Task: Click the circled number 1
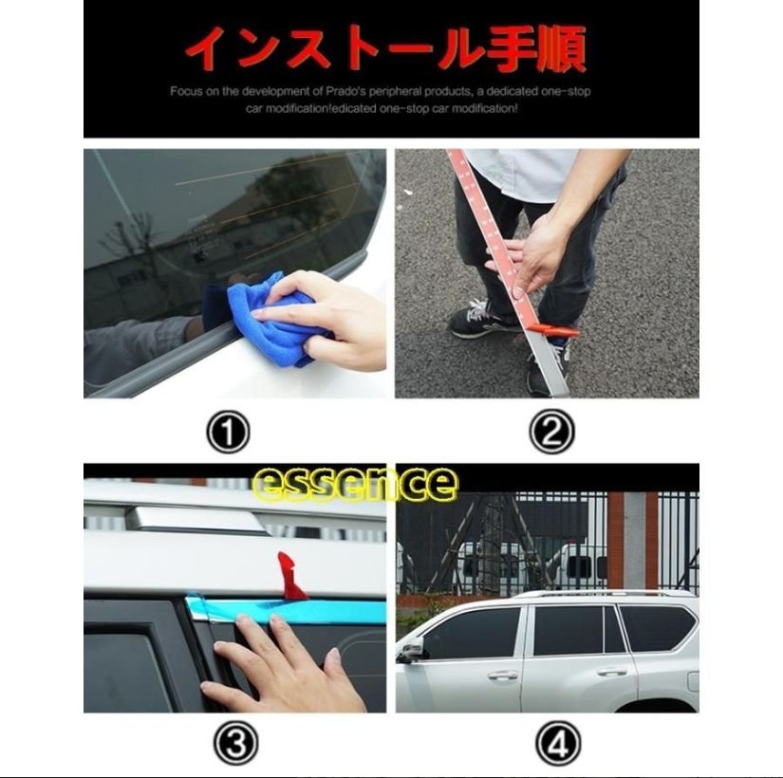tap(228, 435)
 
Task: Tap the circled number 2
tap(552, 435)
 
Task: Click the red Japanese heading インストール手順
tap(385, 48)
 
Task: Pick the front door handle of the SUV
tap(502, 676)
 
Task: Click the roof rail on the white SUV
tap(607, 594)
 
